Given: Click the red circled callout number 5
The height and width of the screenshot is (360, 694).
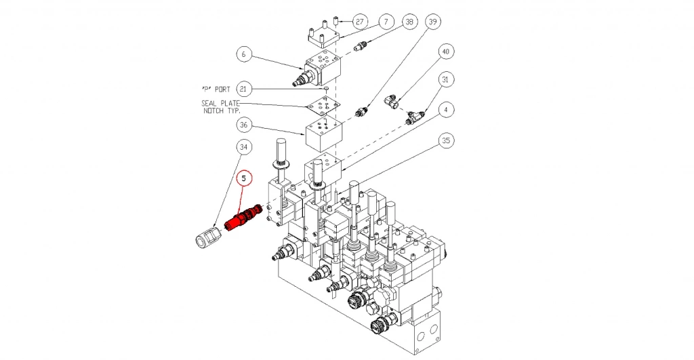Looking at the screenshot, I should [244, 178].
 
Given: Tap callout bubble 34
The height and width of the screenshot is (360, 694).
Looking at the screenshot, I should [244, 147].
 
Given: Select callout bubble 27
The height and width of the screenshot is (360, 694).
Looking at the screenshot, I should [360, 22].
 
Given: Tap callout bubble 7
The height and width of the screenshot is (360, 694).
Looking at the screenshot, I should [385, 22].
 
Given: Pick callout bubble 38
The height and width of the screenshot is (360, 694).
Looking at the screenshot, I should [409, 22].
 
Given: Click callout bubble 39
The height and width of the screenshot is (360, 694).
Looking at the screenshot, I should [434, 22].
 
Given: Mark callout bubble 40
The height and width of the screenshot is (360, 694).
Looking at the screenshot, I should [445, 52].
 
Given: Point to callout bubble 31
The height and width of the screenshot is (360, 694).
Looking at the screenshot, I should [445, 80].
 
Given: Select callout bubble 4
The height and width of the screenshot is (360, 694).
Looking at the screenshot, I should [445, 109].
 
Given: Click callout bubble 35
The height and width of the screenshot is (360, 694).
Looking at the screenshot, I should [445, 140].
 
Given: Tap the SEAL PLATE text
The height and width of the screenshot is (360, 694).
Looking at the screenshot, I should [220, 103].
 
